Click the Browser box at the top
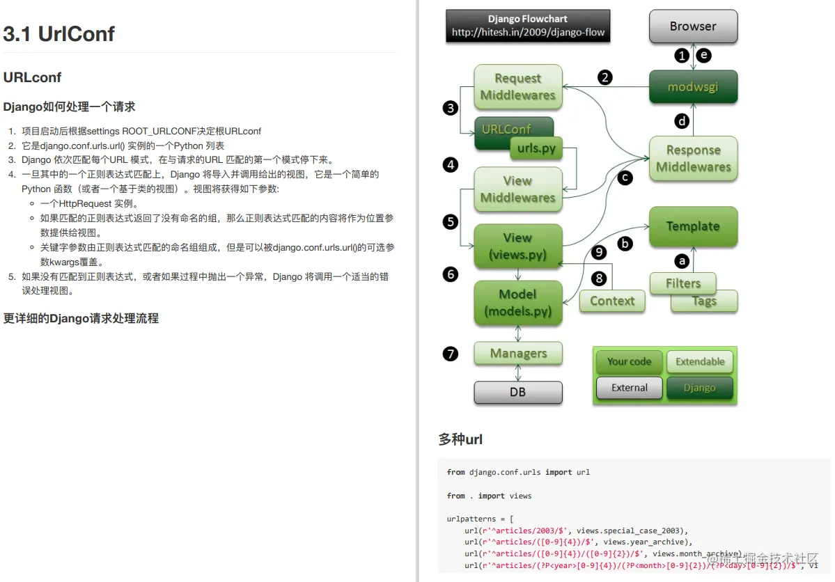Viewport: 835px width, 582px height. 693,26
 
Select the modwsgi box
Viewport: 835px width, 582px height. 693,88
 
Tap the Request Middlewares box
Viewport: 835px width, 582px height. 517,87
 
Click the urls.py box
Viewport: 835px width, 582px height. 536,148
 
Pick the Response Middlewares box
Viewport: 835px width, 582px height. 693,159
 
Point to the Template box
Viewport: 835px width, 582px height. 693,226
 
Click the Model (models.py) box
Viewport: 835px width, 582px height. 517,303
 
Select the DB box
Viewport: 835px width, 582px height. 517,392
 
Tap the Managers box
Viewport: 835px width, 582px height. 517,353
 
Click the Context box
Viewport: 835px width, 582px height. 612,301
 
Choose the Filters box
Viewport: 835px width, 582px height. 682,283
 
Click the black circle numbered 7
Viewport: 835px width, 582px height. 451,354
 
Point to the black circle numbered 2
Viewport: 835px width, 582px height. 605,77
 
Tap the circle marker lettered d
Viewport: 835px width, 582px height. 682,121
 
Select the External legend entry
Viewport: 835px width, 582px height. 629,388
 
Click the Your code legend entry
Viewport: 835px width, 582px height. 629,361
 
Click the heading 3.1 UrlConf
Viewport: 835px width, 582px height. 58,34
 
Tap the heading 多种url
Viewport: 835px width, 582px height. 460,439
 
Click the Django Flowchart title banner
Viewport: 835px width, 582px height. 528,26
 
